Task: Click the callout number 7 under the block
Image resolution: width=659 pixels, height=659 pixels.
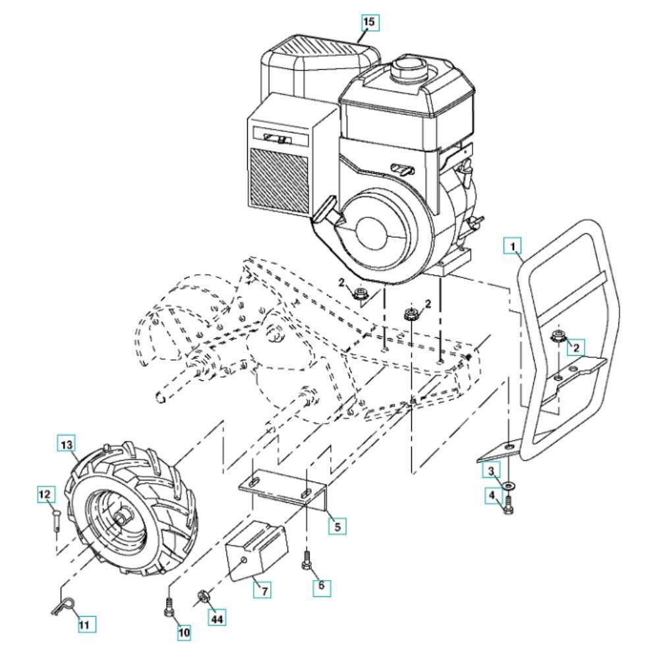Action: pyautogui.click(x=264, y=590)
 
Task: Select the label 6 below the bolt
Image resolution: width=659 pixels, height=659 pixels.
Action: pyautogui.click(x=322, y=585)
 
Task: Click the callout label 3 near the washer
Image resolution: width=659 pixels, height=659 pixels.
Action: pyautogui.click(x=490, y=471)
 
